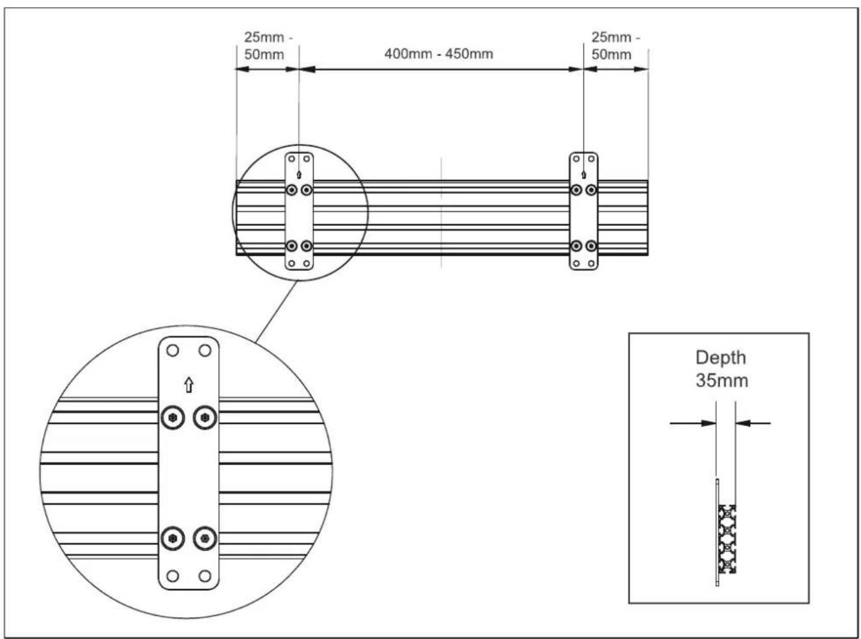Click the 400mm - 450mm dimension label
coord(439,53)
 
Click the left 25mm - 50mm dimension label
coord(267,46)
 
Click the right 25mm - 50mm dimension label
coord(614,46)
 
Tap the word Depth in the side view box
coord(721,358)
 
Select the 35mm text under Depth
coord(722,381)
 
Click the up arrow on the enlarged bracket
coord(189,384)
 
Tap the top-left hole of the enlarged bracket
coord(173,351)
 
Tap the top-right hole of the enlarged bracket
coord(205,351)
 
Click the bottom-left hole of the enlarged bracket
coord(173,576)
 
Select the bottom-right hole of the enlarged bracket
coord(205,576)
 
